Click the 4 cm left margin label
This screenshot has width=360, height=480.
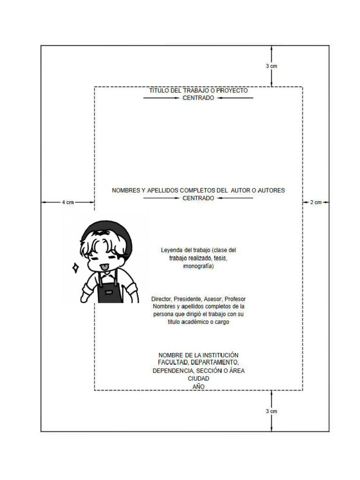point(68,202)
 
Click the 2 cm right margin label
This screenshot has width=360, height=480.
point(316,202)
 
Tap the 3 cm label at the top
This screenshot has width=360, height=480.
point(271,66)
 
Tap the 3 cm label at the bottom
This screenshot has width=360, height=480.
point(271,411)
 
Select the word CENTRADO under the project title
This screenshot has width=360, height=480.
point(198,98)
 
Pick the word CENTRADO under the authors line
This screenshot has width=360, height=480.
point(198,198)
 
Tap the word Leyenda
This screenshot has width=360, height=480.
point(172,250)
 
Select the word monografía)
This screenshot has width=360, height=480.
point(198,266)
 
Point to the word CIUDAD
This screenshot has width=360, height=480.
point(198,378)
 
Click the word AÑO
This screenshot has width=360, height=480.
point(198,386)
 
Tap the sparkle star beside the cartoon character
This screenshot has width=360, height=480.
point(75,268)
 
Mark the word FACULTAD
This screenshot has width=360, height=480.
point(174,363)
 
